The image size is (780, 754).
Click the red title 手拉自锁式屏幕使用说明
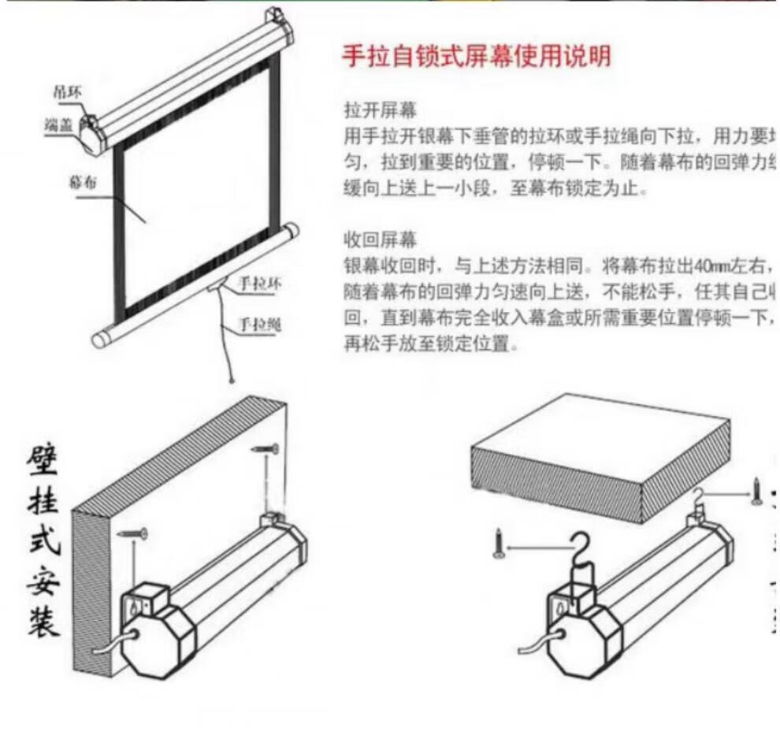476,56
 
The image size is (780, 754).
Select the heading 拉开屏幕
381,109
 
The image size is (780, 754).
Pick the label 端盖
60,124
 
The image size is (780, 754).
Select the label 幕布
83,182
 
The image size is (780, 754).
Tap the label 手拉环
259,284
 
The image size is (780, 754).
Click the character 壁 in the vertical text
43,460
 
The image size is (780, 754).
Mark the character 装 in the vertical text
43,620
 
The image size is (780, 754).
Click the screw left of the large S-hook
498,545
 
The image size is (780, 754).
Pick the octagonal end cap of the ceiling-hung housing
583,646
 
